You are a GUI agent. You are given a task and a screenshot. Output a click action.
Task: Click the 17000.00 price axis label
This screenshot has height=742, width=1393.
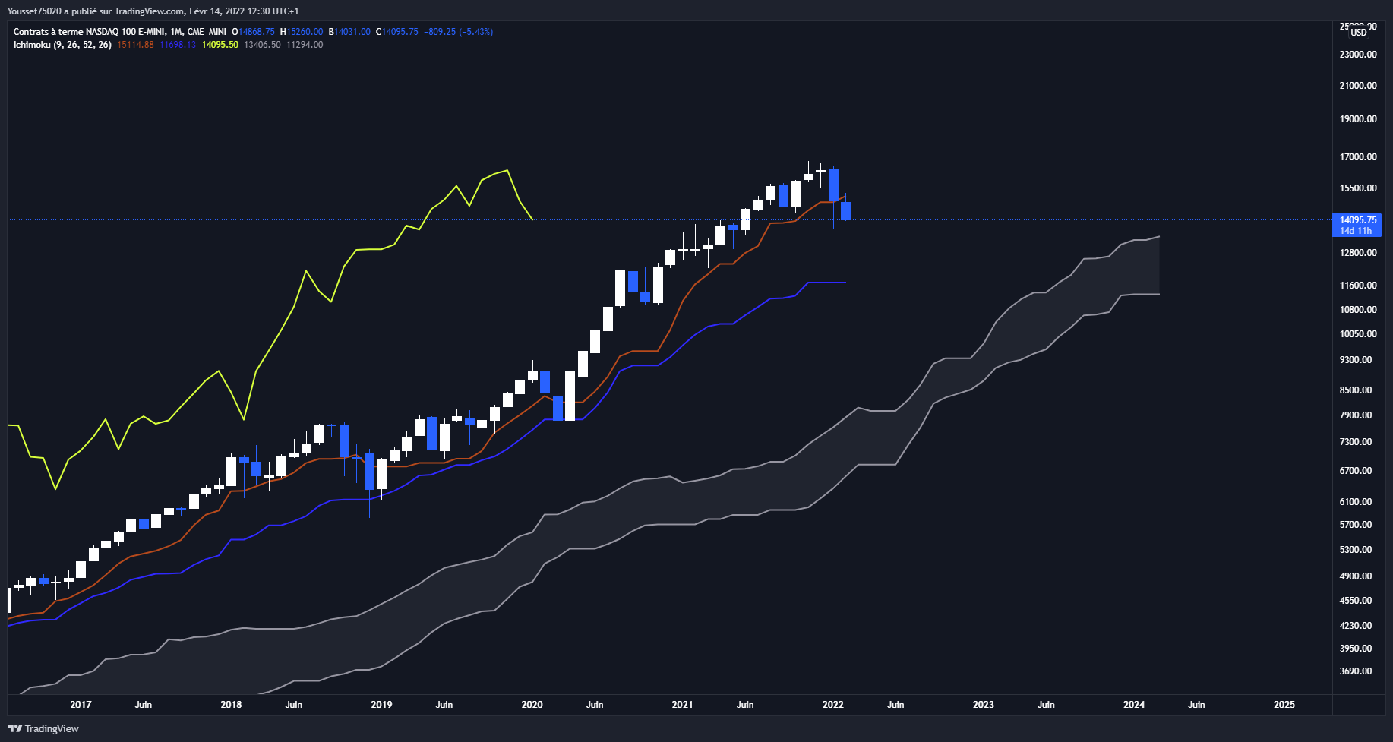click(1358, 157)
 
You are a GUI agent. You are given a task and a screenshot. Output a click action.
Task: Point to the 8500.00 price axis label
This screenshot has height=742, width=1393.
click(1356, 390)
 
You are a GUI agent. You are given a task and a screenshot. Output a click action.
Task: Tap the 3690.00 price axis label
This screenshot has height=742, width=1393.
click(1356, 671)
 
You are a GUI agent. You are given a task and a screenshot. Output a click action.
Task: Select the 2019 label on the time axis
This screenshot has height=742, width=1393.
click(381, 705)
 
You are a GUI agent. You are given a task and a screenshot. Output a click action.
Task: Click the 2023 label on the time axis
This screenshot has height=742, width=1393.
click(983, 705)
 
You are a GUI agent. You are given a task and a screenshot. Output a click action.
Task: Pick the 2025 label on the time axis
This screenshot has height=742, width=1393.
click(1284, 705)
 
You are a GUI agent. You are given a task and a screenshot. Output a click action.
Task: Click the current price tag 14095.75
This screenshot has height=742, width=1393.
click(1357, 220)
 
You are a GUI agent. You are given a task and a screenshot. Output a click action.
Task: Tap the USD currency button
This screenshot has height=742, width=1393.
click(1359, 32)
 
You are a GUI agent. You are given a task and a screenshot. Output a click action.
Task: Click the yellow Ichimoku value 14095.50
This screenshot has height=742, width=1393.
click(220, 45)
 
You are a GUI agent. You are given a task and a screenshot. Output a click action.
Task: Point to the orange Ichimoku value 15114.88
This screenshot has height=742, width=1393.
click(135, 45)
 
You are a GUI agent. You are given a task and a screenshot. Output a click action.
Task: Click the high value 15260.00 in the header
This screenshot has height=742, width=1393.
click(305, 32)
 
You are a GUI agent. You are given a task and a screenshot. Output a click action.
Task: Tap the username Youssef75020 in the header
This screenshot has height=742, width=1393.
click(34, 11)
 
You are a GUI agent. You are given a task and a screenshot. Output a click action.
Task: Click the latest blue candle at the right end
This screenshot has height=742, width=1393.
click(845, 211)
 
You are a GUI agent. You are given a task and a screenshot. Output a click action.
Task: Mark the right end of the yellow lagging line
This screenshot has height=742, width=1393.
click(532, 219)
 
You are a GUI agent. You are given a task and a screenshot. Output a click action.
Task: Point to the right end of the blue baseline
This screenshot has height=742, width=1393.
click(845, 283)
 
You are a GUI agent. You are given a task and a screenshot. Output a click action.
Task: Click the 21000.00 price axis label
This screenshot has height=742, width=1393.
click(1358, 86)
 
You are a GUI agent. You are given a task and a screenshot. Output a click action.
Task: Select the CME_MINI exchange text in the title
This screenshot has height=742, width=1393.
click(207, 32)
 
